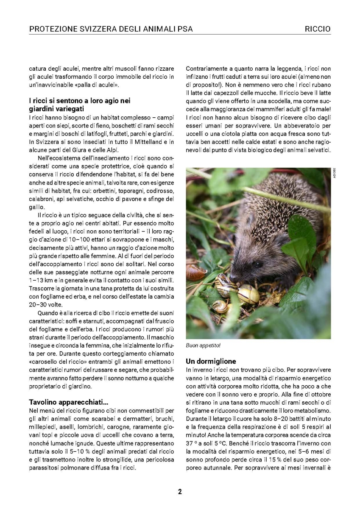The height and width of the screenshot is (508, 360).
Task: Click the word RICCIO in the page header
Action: point(318,29)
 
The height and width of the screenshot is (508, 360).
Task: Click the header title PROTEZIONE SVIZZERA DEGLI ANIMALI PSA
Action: point(111,29)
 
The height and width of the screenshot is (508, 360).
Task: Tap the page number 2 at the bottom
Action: point(180,491)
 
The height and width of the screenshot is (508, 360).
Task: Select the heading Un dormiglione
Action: point(211,362)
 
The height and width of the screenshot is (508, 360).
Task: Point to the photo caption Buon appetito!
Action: point(203,345)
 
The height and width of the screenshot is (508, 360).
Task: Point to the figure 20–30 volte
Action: point(45,304)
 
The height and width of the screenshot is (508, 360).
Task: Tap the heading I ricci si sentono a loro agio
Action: point(79,101)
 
